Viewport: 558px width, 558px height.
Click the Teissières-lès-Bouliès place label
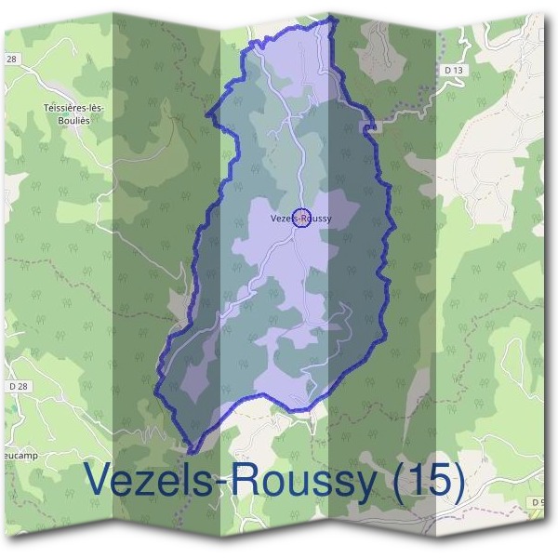[x=73, y=114]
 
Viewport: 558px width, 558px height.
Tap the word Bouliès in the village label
[x=73, y=121]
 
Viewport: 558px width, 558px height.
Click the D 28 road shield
[x=17, y=385]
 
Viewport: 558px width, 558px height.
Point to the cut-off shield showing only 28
[x=11, y=59]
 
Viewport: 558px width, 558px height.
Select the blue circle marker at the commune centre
[x=300, y=219]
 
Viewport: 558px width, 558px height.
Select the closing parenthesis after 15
[x=457, y=481]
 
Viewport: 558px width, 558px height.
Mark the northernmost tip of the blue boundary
[x=331, y=17]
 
